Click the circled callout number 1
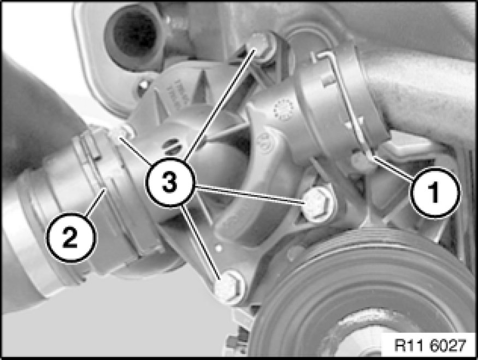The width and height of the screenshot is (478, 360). (x=435, y=193)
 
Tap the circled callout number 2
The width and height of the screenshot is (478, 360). (x=70, y=238)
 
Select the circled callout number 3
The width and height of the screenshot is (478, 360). (x=169, y=182)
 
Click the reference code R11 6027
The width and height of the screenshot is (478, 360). (x=430, y=345)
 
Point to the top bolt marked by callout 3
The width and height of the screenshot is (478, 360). (x=261, y=46)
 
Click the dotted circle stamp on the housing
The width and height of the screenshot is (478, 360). (x=283, y=109)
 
